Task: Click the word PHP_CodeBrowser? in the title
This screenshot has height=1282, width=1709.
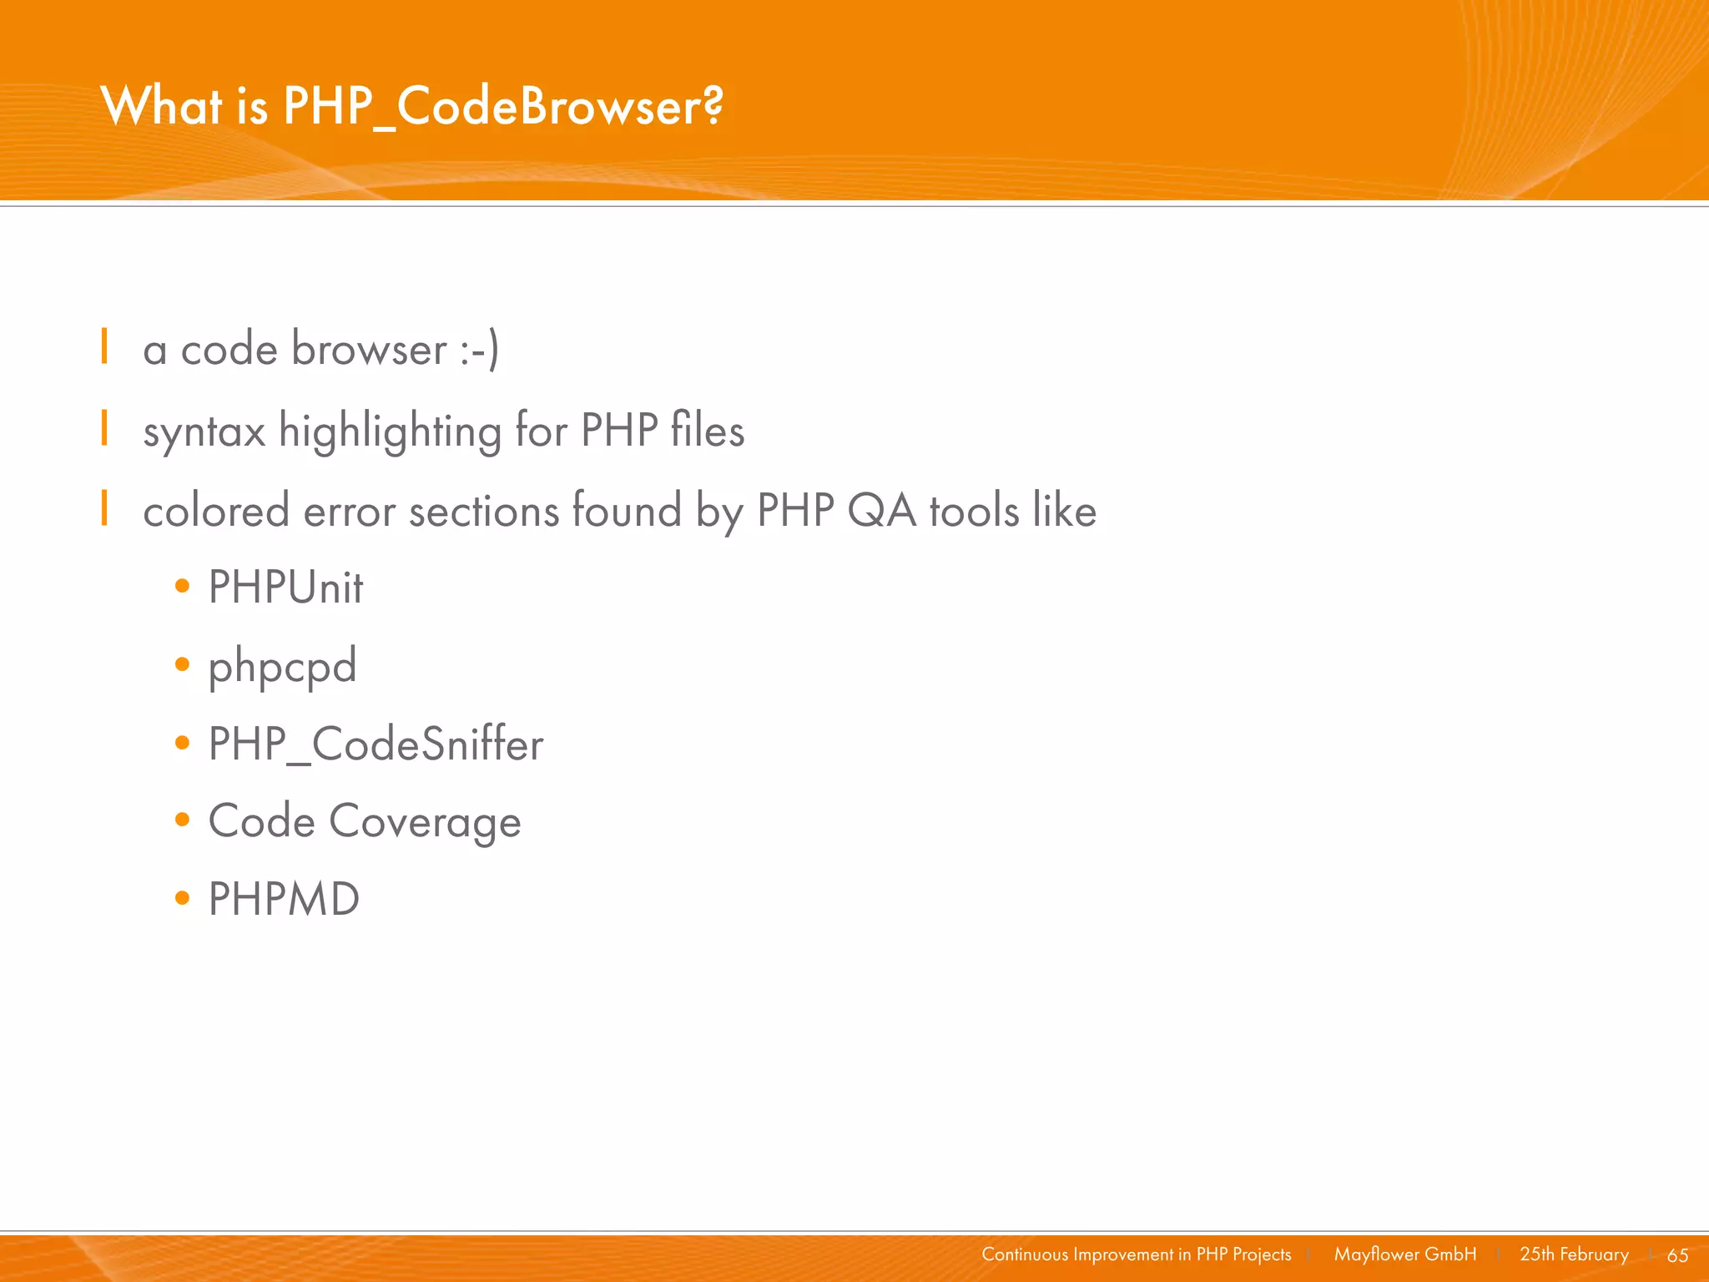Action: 503,107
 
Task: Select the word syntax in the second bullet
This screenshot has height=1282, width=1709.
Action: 204,432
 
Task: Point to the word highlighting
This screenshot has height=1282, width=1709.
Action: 390,432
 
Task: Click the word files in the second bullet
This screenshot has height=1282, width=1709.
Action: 707,430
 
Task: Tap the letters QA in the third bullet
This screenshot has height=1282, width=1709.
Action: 881,510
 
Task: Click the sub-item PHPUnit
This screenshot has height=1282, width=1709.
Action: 285,587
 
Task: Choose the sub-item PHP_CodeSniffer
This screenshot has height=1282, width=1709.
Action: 376,744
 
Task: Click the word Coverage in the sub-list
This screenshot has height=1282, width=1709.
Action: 425,822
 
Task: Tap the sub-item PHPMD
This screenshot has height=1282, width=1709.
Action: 284,899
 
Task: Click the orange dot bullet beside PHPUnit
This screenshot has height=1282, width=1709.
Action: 183,587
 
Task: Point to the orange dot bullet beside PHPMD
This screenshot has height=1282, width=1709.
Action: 183,899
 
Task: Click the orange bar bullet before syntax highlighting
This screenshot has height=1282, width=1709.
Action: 104,428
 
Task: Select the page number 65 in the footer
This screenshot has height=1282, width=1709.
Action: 1677,1255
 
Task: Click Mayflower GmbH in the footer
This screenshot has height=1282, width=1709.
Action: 1404,1254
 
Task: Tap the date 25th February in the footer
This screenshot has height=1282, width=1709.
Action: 1574,1254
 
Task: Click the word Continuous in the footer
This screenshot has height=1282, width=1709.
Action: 1024,1254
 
